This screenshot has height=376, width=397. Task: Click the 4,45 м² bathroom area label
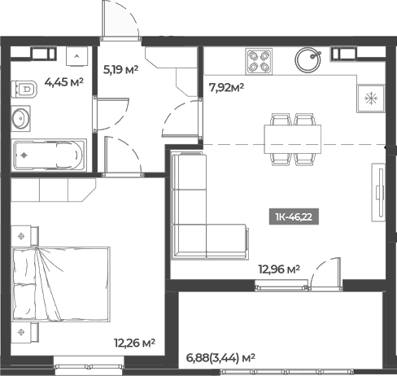(65, 81)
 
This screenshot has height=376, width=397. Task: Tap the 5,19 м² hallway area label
(120, 70)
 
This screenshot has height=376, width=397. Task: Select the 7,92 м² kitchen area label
(227, 86)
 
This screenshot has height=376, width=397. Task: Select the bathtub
(49, 154)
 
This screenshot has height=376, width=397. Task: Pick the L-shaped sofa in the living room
(199, 216)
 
